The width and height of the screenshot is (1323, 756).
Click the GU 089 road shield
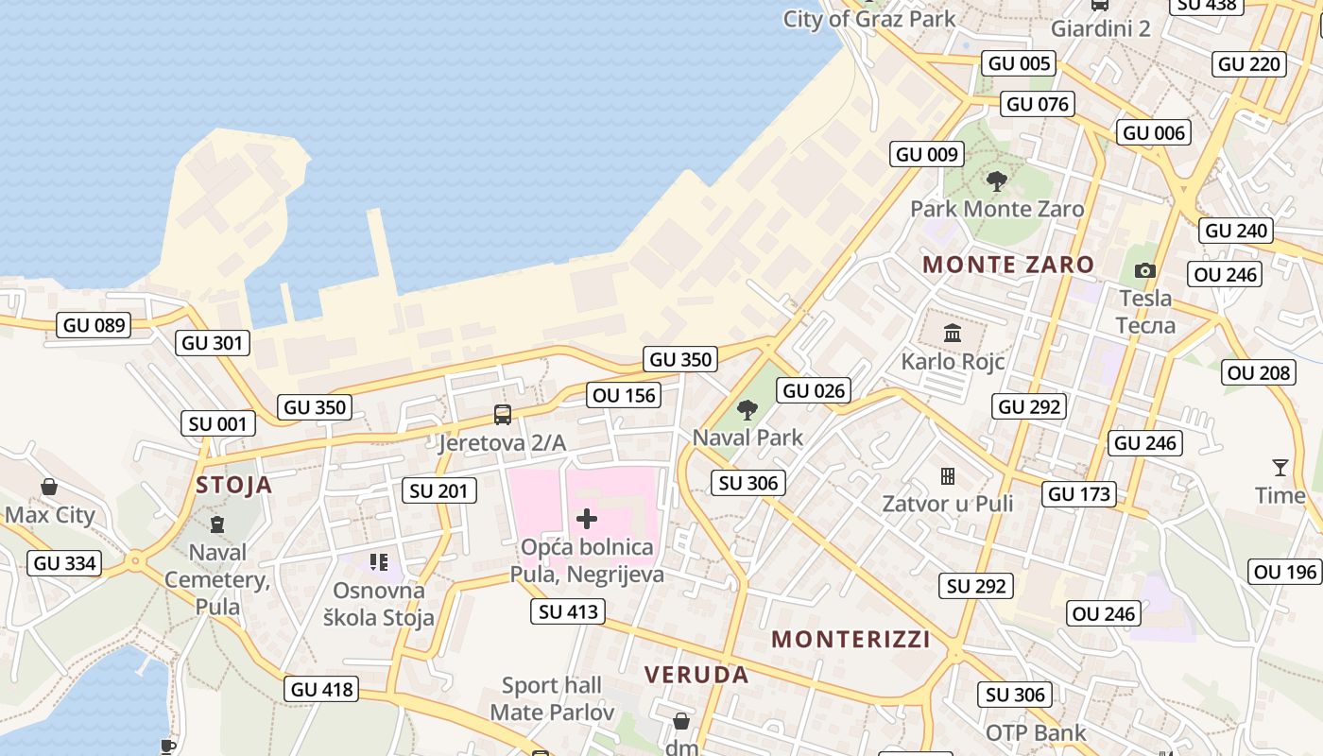click(94, 326)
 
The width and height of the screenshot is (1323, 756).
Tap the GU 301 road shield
click(213, 343)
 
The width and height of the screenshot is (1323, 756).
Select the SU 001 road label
click(218, 424)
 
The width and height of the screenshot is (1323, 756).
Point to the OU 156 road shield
click(624, 395)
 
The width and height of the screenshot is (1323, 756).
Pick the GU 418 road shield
click(322, 690)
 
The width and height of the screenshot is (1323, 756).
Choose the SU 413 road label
click(568, 611)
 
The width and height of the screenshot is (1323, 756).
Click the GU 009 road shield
click(927, 154)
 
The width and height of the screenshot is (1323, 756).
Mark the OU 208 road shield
click(1259, 372)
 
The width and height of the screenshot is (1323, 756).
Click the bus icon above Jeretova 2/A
click(503, 415)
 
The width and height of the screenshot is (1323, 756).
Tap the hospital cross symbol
click(587, 518)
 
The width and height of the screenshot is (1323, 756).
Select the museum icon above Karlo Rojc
click(952, 334)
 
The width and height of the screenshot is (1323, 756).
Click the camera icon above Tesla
click(1145, 271)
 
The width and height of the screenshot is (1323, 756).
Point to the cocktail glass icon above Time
click(1280, 467)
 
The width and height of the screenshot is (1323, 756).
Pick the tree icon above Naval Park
click(747, 409)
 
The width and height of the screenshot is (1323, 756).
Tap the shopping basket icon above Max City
click(49, 487)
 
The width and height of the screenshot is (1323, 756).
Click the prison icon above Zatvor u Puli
click(948, 475)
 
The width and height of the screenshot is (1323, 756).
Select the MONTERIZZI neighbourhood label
click(851, 640)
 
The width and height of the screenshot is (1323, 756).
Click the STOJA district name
click(233, 486)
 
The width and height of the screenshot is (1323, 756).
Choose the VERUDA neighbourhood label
click(696, 675)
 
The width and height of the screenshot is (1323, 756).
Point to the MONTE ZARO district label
click(1008, 265)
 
